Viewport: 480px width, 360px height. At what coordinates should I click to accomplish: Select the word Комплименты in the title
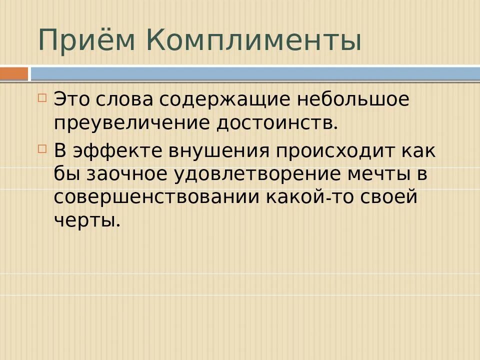click(254, 40)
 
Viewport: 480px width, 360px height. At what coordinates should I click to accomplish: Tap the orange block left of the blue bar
click(13, 74)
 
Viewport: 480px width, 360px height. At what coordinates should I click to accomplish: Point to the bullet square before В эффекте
click(42, 149)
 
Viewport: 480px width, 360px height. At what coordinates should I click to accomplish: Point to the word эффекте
click(112, 151)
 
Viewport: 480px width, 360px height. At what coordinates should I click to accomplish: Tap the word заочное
click(127, 173)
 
